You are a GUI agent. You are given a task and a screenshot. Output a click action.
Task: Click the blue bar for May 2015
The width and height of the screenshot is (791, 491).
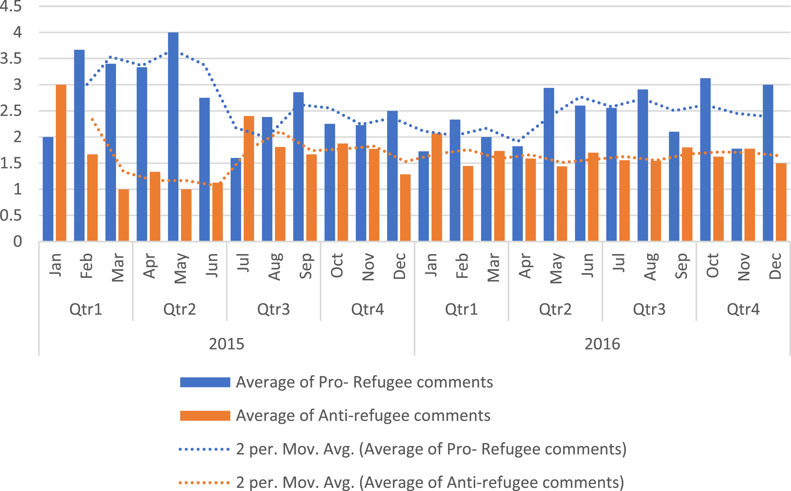click(173, 137)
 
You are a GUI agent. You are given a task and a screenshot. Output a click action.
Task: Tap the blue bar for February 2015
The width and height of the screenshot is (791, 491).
click(79, 146)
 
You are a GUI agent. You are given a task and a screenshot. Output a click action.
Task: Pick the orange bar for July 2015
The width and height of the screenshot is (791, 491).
click(249, 179)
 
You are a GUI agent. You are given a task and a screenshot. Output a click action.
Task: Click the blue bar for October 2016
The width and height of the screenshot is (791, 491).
click(705, 160)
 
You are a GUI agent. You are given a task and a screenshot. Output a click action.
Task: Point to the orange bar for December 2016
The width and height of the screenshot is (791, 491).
click(781, 202)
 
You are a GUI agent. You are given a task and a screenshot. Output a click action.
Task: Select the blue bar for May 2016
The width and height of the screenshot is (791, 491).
click(549, 164)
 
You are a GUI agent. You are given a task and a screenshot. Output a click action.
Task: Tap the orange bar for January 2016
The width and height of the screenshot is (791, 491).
click(437, 187)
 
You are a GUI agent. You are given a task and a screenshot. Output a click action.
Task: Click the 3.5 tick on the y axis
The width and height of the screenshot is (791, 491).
click(11, 59)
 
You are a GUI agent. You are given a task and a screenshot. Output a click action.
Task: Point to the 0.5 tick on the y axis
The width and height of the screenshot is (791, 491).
click(11, 215)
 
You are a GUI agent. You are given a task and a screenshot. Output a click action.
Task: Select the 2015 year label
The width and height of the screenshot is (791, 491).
click(226, 344)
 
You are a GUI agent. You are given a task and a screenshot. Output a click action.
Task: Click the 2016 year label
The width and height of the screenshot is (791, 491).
click(602, 344)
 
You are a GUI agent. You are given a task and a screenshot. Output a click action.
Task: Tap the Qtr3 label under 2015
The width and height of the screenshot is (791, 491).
click(274, 309)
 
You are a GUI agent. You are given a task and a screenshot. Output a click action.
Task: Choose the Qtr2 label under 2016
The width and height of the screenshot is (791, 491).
click(555, 309)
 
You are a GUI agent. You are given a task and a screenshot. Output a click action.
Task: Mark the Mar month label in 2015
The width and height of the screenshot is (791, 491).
click(118, 268)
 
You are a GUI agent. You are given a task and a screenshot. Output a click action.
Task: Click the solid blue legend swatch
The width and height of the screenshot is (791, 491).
click(205, 382)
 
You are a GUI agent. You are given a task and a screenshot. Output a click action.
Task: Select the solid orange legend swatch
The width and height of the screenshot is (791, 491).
click(205, 416)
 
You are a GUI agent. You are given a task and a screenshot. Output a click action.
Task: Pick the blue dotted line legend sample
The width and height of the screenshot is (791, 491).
click(204, 449)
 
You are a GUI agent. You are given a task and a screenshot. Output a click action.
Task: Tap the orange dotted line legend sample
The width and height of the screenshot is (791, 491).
click(204, 483)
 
